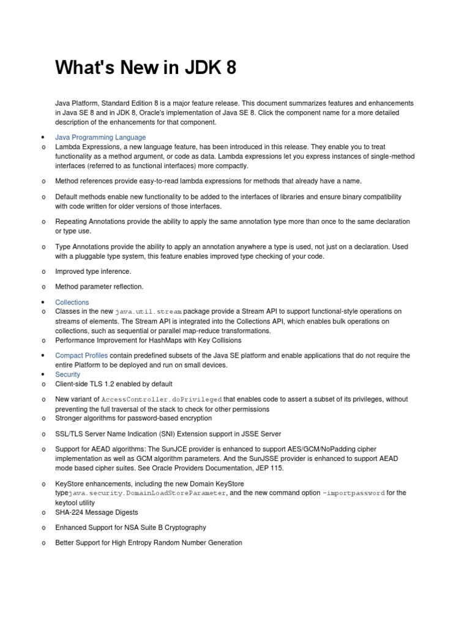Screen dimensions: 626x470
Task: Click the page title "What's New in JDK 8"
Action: point(146,68)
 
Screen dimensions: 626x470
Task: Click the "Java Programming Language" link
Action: point(100,138)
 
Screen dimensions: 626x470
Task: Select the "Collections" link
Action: point(72,302)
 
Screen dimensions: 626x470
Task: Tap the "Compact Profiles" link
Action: point(81,355)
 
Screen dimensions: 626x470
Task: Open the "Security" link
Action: point(67,374)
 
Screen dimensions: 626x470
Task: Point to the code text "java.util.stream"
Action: point(148,312)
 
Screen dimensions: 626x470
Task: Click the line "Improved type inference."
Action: point(93,271)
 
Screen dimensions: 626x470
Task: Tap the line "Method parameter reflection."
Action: point(99,286)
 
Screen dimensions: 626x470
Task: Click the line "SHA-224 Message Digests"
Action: point(97,512)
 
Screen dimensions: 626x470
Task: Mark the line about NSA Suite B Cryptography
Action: point(130,527)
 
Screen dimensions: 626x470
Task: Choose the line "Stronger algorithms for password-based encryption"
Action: point(133,418)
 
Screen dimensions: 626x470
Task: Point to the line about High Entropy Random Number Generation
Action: point(149,542)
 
